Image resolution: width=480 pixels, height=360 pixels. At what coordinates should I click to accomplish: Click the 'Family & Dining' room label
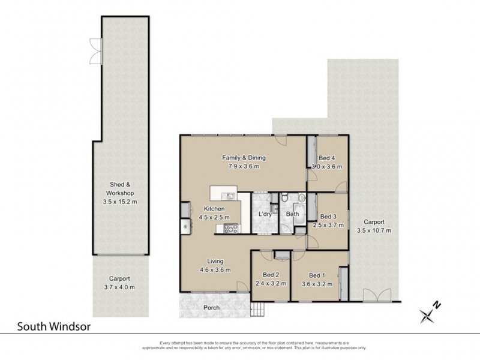pyautogui.click(x=244, y=158)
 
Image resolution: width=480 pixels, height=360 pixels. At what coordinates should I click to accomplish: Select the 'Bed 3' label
pyautogui.click(x=328, y=217)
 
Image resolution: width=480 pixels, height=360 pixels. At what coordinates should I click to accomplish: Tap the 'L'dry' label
pyautogui.click(x=265, y=214)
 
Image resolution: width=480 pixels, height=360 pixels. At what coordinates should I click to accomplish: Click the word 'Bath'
pyautogui.click(x=293, y=214)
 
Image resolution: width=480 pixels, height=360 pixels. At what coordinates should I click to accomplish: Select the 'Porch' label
pyautogui.click(x=211, y=308)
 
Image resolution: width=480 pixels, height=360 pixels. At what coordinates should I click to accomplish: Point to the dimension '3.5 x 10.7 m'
pyautogui.click(x=374, y=230)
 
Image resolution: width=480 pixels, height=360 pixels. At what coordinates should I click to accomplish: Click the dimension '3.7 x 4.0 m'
pyautogui.click(x=121, y=287)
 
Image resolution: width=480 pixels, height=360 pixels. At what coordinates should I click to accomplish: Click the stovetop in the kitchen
pyautogui.click(x=231, y=228)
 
